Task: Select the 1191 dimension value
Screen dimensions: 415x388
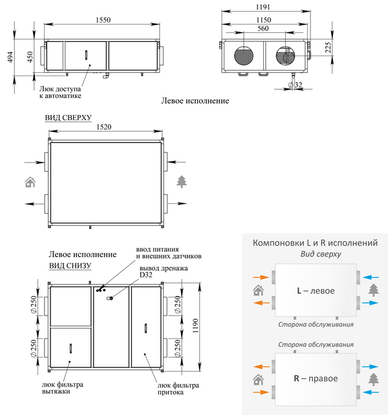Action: pyautogui.click(x=263, y=7)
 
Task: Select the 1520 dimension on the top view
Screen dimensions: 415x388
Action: pyautogui.click(x=105, y=128)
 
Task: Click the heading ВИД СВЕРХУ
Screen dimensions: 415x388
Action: pyautogui.click(x=68, y=118)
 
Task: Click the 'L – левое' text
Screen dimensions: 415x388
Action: pyautogui.click(x=316, y=291)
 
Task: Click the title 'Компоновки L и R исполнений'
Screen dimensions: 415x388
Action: pyautogui.click(x=315, y=243)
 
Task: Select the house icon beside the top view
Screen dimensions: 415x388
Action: pyautogui.click(x=30, y=181)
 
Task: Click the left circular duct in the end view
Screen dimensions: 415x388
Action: pyautogui.click(x=243, y=55)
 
